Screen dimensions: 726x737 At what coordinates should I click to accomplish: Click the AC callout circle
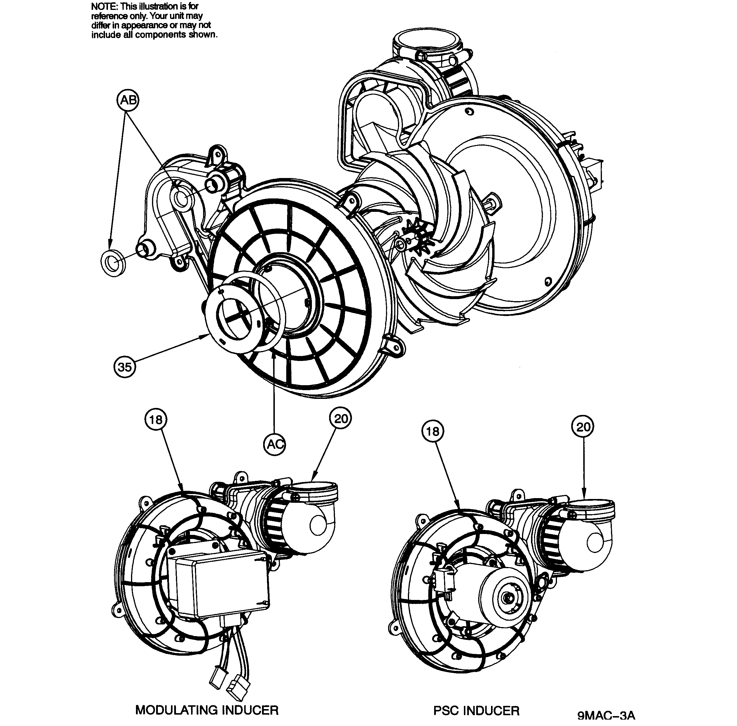(275, 444)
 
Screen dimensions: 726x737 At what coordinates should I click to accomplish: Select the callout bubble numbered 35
(125, 367)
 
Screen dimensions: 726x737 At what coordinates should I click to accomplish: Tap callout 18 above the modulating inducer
(156, 420)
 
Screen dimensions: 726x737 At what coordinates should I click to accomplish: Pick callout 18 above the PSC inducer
(432, 431)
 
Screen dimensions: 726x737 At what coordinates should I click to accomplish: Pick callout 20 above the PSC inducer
(583, 427)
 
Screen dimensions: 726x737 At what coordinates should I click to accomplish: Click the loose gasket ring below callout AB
(113, 263)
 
